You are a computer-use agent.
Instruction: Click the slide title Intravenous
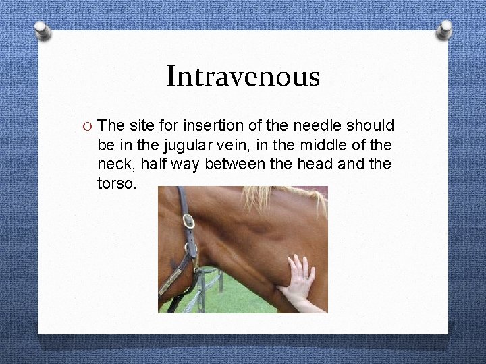click(243, 76)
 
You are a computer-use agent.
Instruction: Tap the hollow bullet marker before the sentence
click(85, 126)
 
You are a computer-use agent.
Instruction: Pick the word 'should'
click(371, 126)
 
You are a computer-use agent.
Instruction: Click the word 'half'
click(154, 164)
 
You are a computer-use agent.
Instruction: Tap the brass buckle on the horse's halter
click(189, 221)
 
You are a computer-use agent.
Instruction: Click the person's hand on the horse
click(298, 280)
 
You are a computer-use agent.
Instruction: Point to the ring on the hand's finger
click(306, 277)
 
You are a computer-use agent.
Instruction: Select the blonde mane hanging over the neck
click(270, 197)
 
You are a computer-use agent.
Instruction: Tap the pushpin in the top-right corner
click(444, 29)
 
